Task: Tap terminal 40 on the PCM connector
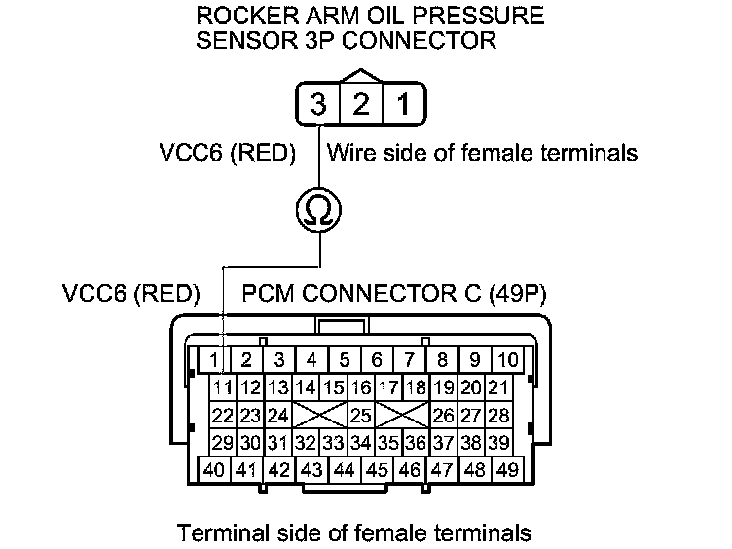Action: tap(215, 470)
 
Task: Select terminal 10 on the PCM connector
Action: tap(507, 360)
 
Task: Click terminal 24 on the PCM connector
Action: tap(277, 416)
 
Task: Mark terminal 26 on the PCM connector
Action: tap(444, 416)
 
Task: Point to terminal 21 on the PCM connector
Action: tap(499, 388)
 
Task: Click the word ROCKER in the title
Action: tap(240, 18)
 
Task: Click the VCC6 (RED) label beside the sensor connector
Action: tap(226, 154)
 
